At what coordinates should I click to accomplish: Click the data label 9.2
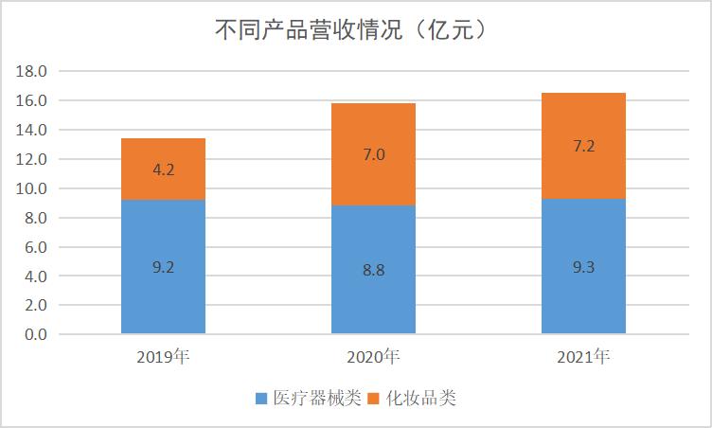pos(163,267)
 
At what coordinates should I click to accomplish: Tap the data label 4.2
pos(163,170)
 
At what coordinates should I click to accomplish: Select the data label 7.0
pos(373,154)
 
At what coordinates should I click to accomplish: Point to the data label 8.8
pos(373,270)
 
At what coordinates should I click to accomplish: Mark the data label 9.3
pos(583,267)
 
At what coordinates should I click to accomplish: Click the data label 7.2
pos(583,147)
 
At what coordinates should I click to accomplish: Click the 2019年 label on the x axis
pos(163,357)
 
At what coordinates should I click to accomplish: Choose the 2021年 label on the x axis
pos(583,357)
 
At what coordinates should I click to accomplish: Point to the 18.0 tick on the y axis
pos(33,71)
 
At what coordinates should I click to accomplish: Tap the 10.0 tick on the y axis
pos(33,188)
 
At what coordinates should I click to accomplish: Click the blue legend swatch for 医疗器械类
pos(262,399)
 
